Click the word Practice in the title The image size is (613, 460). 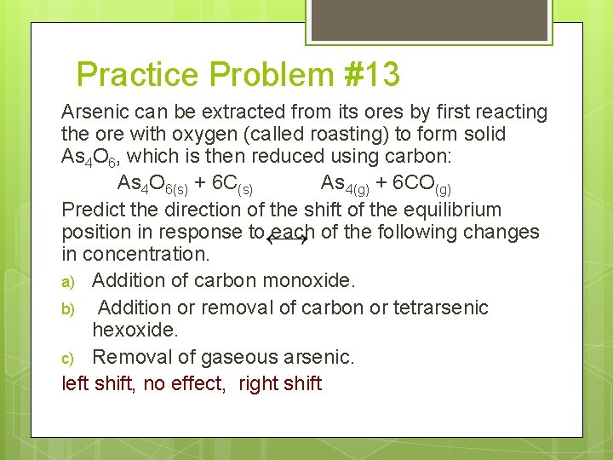(x=136, y=75)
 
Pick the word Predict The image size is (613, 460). (x=93, y=210)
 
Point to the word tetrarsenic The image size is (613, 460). (x=441, y=307)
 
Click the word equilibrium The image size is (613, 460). (x=453, y=210)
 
